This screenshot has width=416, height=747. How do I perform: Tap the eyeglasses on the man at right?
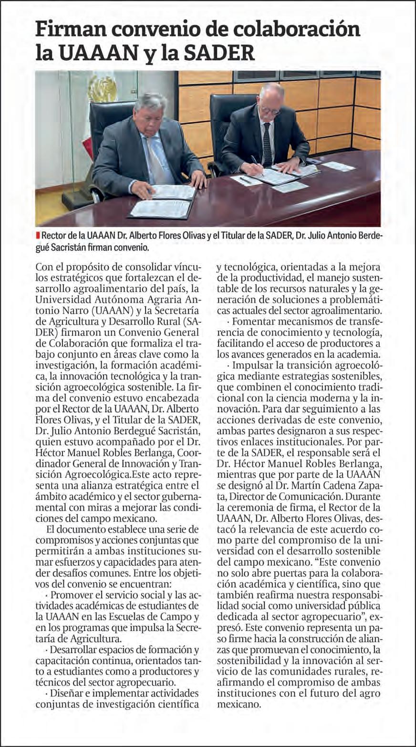click(x=270, y=110)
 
